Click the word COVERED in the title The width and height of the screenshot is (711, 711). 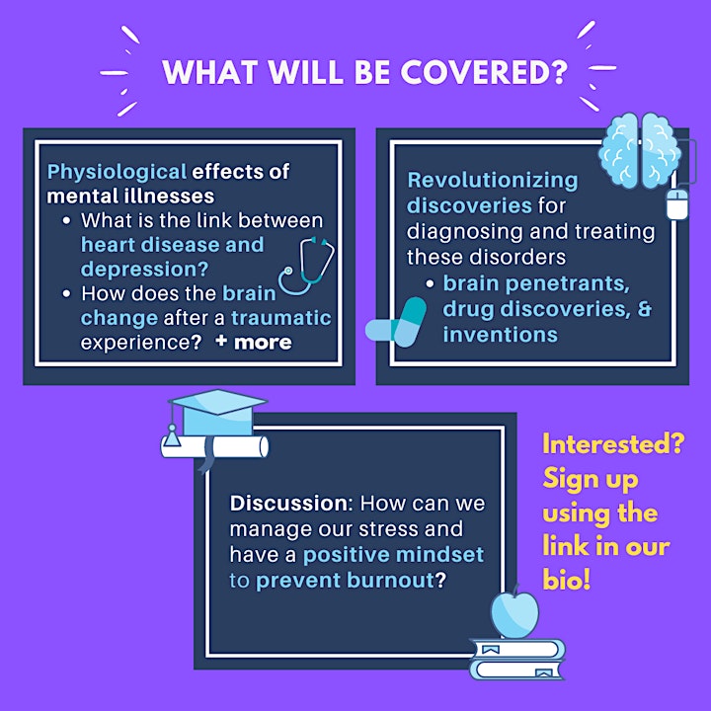coord(484,72)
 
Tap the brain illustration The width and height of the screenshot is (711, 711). coord(639,150)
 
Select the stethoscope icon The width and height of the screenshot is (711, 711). coord(306,266)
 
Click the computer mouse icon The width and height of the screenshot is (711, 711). coord(677,204)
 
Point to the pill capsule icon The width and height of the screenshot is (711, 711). coord(396,322)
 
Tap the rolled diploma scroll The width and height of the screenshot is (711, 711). coord(215,447)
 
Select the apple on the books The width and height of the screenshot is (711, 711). coord(514,613)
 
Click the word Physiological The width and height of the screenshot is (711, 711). coord(117,172)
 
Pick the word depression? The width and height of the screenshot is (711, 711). coord(144,270)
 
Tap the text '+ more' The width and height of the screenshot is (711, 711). coord(254,342)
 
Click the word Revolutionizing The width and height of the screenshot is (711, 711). coord(493,181)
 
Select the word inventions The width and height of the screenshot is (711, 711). coord(500,335)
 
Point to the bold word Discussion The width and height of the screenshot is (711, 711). coord(288,504)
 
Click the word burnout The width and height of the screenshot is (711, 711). coord(391,581)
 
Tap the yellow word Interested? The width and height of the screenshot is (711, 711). coord(613,444)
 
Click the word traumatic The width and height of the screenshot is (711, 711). coord(281,318)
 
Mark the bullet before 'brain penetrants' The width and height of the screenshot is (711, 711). coord(430,284)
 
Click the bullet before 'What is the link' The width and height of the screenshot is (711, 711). coord(67,221)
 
